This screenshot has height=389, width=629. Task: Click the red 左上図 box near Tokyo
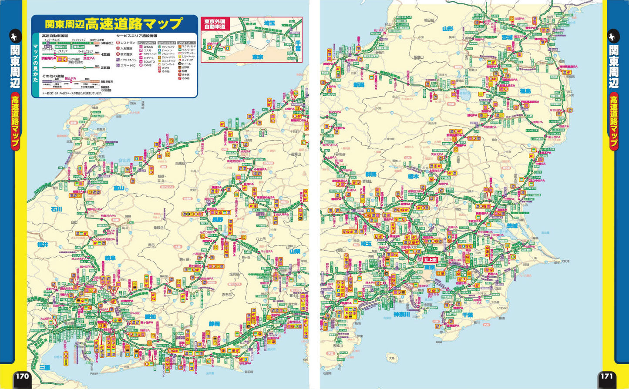click(x=430, y=259)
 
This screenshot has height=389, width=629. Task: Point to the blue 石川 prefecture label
click(x=57, y=209)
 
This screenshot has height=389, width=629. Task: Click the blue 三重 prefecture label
click(x=44, y=367)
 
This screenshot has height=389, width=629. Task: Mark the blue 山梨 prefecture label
click(x=295, y=252)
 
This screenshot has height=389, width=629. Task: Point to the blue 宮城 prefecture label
click(x=507, y=37)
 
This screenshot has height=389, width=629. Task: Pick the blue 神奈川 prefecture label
click(x=402, y=314)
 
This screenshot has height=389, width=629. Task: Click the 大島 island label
click(x=392, y=359)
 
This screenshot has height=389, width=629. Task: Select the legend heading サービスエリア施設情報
click(x=137, y=36)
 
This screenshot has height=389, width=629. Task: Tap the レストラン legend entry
click(x=128, y=43)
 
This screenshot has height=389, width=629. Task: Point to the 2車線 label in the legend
click(x=106, y=68)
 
